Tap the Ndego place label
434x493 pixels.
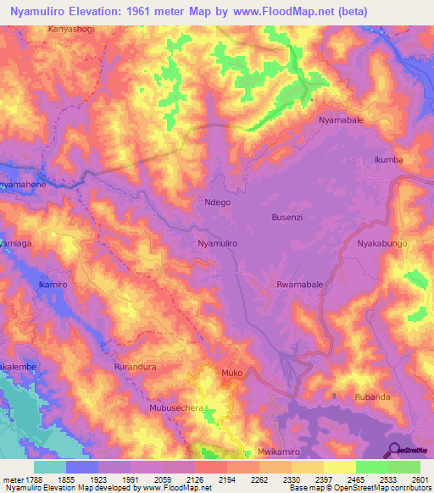pos(218,202)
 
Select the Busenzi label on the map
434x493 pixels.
pos(287,218)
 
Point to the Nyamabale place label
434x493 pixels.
pos(341,120)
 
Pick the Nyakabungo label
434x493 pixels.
pos(382,243)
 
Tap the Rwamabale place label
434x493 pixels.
pos(299,285)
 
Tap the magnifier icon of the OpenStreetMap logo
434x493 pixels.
pos(392,449)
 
